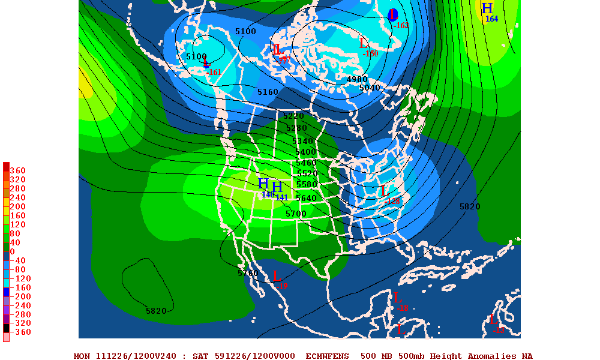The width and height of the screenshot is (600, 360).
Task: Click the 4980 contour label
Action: point(357,79)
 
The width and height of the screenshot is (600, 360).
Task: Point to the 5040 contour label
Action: point(370,88)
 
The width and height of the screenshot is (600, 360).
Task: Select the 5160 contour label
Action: point(268,92)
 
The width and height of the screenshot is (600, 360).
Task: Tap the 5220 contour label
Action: point(294,116)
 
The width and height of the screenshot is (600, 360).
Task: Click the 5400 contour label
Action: point(305,152)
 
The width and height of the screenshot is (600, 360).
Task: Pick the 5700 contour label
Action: point(296,214)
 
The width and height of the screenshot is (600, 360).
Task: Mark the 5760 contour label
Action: point(248,273)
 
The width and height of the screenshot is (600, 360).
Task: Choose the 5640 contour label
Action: point(305,198)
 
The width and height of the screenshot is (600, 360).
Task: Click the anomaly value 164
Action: point(491,19)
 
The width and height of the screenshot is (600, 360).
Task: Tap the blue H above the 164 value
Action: point(487,8)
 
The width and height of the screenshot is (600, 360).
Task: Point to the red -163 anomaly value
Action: point(400,25)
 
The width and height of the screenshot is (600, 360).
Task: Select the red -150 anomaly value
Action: point(370,53)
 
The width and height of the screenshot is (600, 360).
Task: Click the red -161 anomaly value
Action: point(214,72)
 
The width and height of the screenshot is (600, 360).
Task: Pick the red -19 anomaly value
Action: point(281,286)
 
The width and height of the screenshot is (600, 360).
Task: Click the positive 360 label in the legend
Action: point(17,170)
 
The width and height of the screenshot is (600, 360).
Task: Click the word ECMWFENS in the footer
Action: point(327,356)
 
